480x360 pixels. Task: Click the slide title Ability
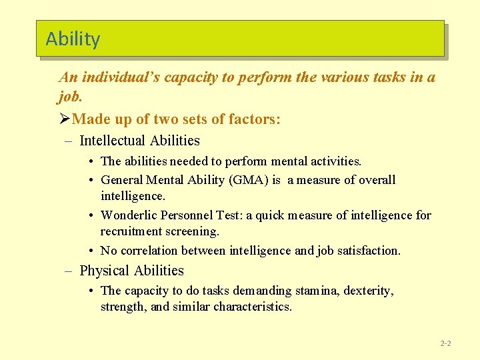pyautogui.click(x=73, y=39)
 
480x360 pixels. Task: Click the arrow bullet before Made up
pyautogui.click(x=64, y=119)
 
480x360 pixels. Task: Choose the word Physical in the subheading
pyautogui.click(x=105, y=271)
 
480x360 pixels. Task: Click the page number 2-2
pyautogui.click(x=445, y=343)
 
